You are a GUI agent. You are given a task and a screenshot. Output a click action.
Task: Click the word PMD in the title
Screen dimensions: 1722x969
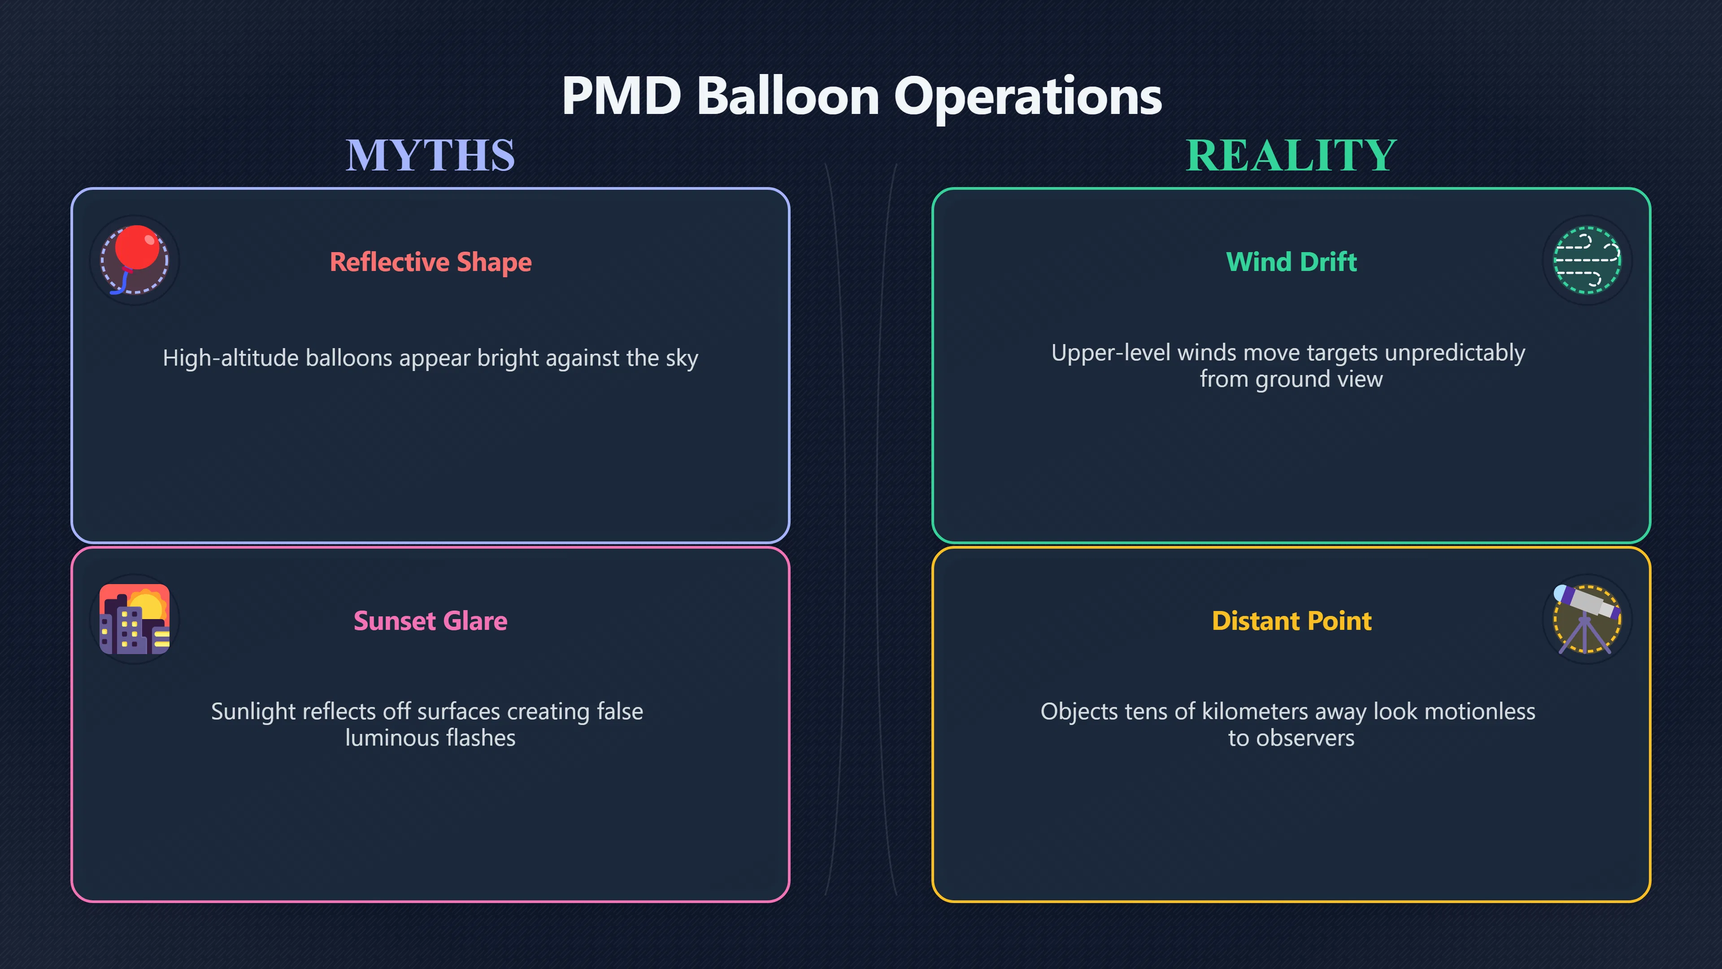tap(622, 96)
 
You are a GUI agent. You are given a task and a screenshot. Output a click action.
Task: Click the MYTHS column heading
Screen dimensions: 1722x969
tap(430, 155)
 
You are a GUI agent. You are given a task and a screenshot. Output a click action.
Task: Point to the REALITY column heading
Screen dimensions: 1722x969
tap(1291, 155)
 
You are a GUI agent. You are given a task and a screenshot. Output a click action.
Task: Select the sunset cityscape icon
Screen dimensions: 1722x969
tap(135, 619)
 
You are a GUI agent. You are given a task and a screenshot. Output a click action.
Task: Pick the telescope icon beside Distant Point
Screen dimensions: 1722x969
tap(1587, 619)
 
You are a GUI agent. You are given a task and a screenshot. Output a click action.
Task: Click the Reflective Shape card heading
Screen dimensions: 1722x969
tap(430, 262)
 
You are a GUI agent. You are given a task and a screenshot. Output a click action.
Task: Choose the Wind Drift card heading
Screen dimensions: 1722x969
tap(1291, 262)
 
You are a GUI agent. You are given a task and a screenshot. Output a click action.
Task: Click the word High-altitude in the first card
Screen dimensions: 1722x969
tap(230, 358)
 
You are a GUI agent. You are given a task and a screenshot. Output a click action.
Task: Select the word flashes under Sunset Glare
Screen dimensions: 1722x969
tap(481, 738)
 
